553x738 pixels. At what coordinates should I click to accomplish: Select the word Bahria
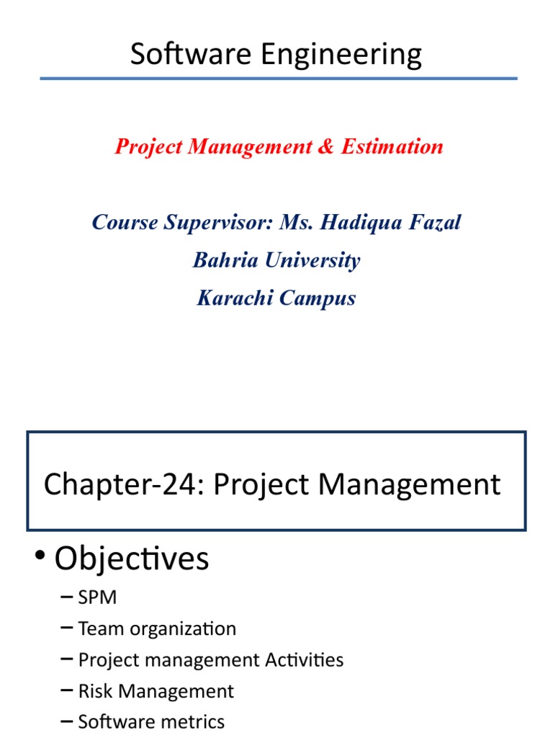(224, 260)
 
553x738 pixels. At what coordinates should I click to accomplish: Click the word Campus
(318, 299)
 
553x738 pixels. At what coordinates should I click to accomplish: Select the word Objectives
(132, 559)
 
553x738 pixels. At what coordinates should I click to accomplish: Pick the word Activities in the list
(304, 659)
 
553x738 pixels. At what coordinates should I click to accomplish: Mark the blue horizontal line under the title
(278, 79)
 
